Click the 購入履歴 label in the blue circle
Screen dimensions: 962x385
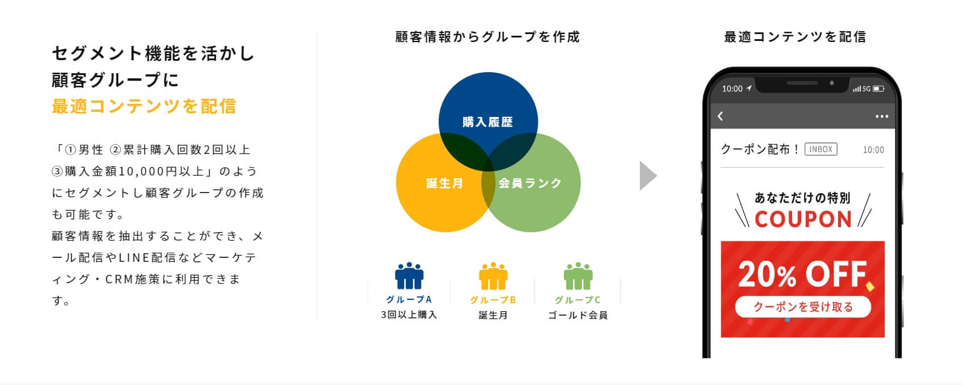(488, 122)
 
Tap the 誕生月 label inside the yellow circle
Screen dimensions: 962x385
(444, 183)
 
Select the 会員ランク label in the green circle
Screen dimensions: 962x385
(530, 183)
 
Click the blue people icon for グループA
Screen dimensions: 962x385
(409, 275)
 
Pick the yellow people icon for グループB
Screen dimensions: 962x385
(493, 275)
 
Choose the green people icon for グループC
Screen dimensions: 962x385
(578, 275)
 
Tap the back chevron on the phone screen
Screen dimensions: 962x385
(721, 116)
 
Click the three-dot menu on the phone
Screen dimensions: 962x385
(882, 116)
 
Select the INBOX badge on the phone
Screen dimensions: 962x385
(821, 149)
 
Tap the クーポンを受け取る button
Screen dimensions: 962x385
(803, 307)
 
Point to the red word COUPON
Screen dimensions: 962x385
(803, 219)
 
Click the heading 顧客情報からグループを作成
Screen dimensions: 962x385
(488, 37)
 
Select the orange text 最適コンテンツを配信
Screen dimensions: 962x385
(144, 106)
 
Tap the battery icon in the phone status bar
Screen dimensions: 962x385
(878, 89)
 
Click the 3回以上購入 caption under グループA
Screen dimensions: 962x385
(409, 315)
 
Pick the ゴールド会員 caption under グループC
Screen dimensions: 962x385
(578, 316)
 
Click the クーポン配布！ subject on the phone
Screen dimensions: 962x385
(760, 149)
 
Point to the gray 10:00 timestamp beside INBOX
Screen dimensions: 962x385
(873, 150)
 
